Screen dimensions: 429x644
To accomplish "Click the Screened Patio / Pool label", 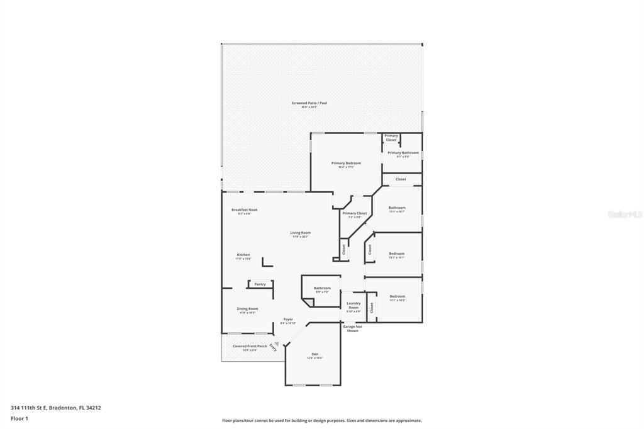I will point(309,103).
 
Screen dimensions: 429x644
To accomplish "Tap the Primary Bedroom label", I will point(346,164).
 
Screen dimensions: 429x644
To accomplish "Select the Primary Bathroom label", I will point(402,153).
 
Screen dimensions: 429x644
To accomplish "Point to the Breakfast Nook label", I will point(244,210).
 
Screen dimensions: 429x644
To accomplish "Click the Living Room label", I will point(300,233).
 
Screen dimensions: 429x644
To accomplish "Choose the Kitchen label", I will point(243,255).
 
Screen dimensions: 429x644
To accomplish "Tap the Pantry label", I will point(260,284).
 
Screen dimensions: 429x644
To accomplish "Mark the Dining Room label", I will point(247,309).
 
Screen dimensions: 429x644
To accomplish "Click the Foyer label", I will point(288,320).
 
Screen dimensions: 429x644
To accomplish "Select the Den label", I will point(314,354).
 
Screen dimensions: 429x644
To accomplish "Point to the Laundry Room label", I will point(353,305).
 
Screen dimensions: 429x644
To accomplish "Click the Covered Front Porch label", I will point(250,346).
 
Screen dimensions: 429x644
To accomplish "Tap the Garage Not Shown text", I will point(352,328).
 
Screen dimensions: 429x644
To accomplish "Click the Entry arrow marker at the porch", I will point(274,345).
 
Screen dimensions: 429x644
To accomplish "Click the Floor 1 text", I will point(19,418).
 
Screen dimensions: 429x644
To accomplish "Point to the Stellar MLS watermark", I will point(625,214).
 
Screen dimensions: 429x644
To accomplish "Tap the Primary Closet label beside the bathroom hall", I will point(354,213).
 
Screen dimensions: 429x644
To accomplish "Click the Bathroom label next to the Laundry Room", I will point(322,288).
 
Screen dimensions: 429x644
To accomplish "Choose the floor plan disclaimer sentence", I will point(321,420).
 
